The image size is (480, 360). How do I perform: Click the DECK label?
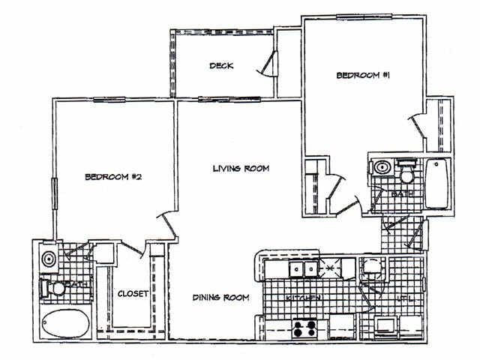tap(220, 66)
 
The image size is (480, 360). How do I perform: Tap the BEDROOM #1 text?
tap(361, 76)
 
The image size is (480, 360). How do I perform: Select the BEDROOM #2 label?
tap(113, 178)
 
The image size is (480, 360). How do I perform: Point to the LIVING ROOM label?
tap(240, 169)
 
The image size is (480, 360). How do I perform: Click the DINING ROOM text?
tap(219, 298)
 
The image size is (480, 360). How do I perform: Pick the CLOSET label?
tap(133, 293)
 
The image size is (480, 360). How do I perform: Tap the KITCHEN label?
tap(304, 298)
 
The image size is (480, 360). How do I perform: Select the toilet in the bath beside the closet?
tap(54, 287)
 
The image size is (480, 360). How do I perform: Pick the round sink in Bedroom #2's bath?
tap(49, 259)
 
